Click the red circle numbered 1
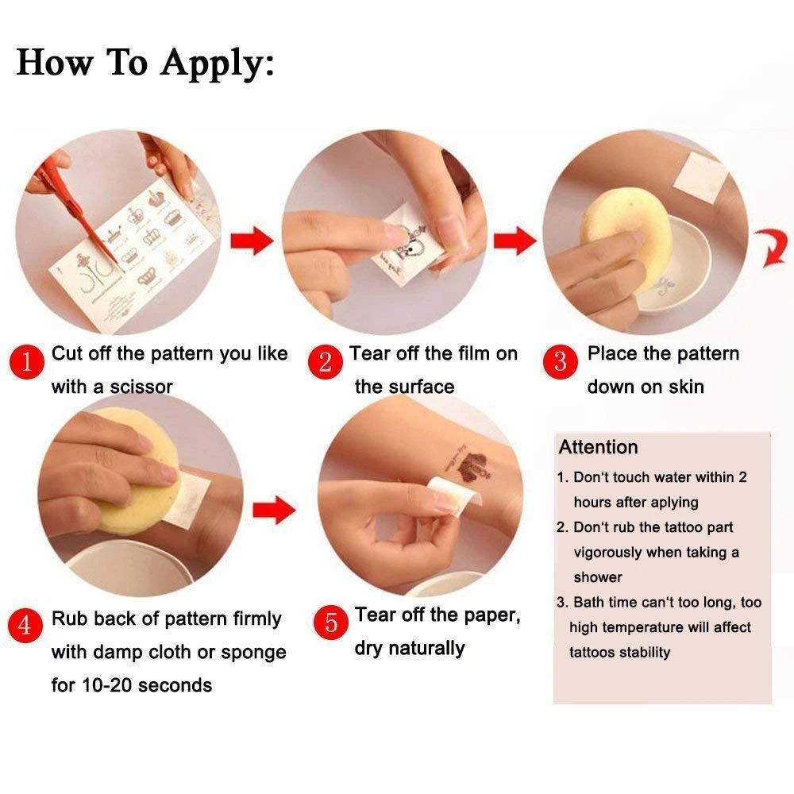pyautogui.click(x=26, y=361)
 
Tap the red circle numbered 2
pyautogui.click(x=325, y=361)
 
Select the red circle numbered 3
pyautogui.click(x=560, y=361)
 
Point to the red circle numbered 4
pyautogui.click(x=25, y=626)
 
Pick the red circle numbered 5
pyautogui.click(x=330, y=622)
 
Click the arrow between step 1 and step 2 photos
pyautogui.click(x=252, y=241)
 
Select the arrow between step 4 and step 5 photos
pyautogui.click(x=274, y=510)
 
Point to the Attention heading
pyautogui.click(x=598, y=447)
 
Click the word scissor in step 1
pyautogui.click(x=141, y=387)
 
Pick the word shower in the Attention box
pyautogui.click(x=598, y=577)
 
